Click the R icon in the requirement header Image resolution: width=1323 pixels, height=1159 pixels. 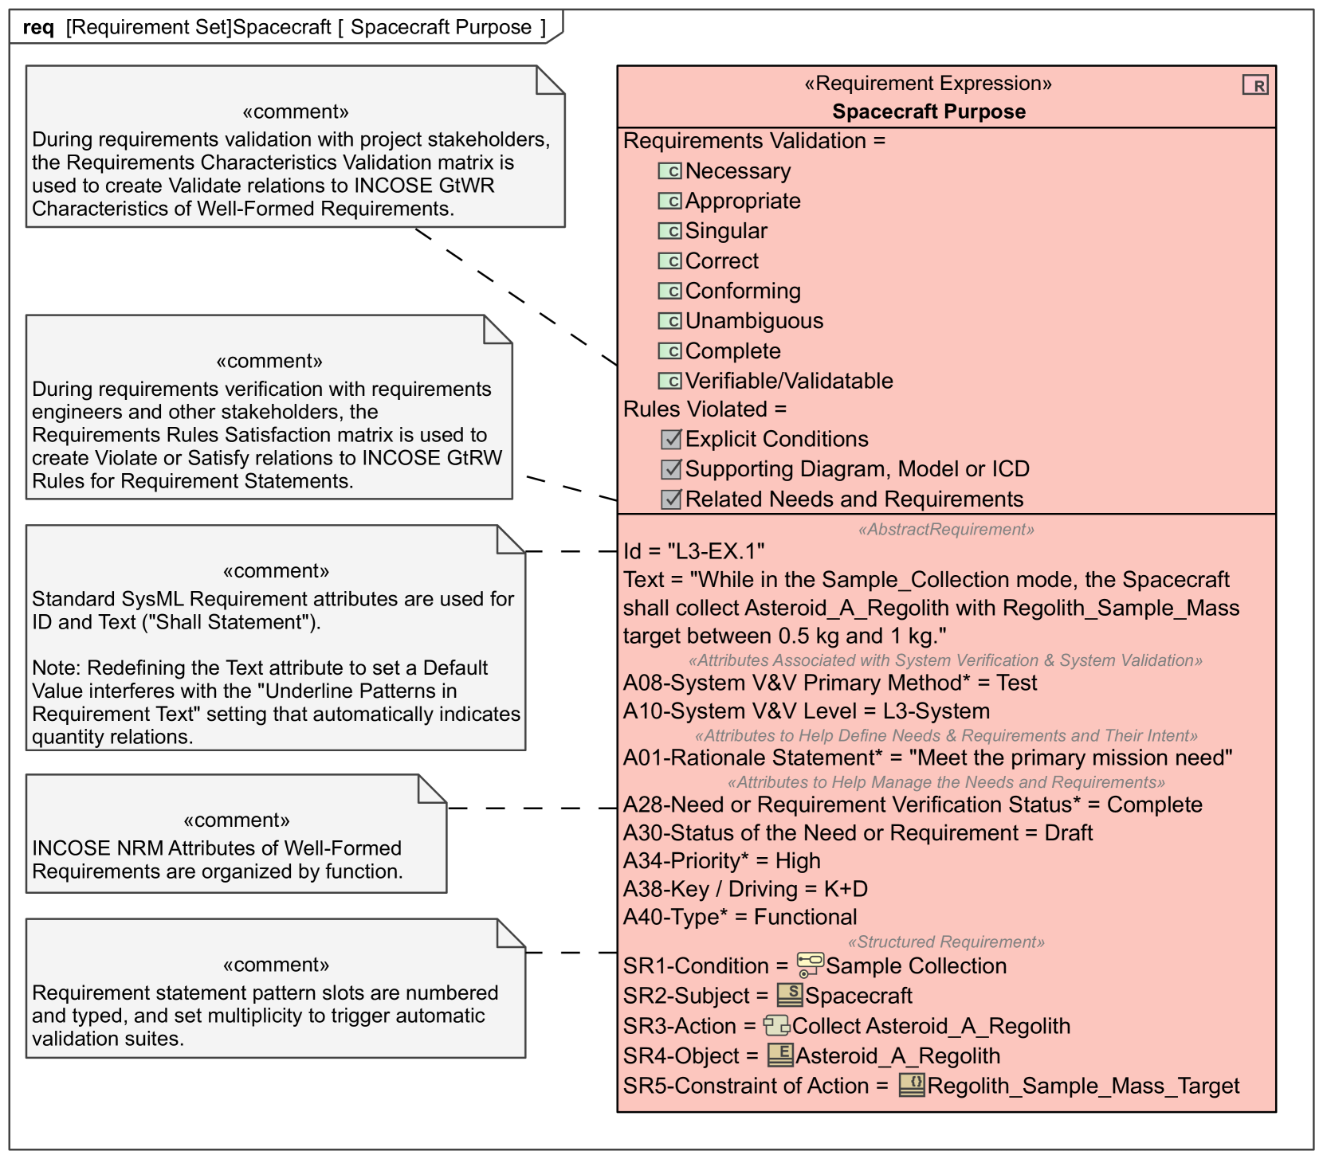coord(1255,85)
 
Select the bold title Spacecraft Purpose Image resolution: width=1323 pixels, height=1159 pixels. coord(928,112)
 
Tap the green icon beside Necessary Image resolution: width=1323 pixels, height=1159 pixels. coord(669,171)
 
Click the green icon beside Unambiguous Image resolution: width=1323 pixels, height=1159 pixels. coord(669,321)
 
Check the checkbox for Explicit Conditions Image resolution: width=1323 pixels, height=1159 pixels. coord(671,439)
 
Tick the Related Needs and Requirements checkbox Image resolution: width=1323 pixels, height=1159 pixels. coord(671,499)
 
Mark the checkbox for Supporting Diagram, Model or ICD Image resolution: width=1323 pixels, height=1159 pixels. coord(671,469)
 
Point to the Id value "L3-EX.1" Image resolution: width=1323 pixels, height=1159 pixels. coord(716,551)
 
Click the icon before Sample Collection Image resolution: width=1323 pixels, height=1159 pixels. coord(810,965)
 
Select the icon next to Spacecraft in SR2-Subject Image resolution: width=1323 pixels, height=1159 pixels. coord(790,994)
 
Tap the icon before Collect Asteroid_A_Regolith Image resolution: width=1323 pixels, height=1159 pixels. coord(776,1025)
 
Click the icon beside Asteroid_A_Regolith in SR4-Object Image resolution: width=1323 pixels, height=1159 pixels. coord(780,1055)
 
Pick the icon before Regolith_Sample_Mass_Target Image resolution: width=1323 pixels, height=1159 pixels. coord(912,1085)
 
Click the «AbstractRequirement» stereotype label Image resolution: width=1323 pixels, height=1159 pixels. coord(946,530)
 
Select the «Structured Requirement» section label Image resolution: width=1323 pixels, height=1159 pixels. coord(946,942)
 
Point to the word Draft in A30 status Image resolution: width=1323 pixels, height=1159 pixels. coord(1068,833)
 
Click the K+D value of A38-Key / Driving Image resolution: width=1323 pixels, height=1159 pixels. coord(846,889)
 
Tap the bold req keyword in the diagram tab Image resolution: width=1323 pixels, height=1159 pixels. coord(38,28)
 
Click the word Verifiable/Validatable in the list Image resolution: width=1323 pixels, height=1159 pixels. coord(789,381)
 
